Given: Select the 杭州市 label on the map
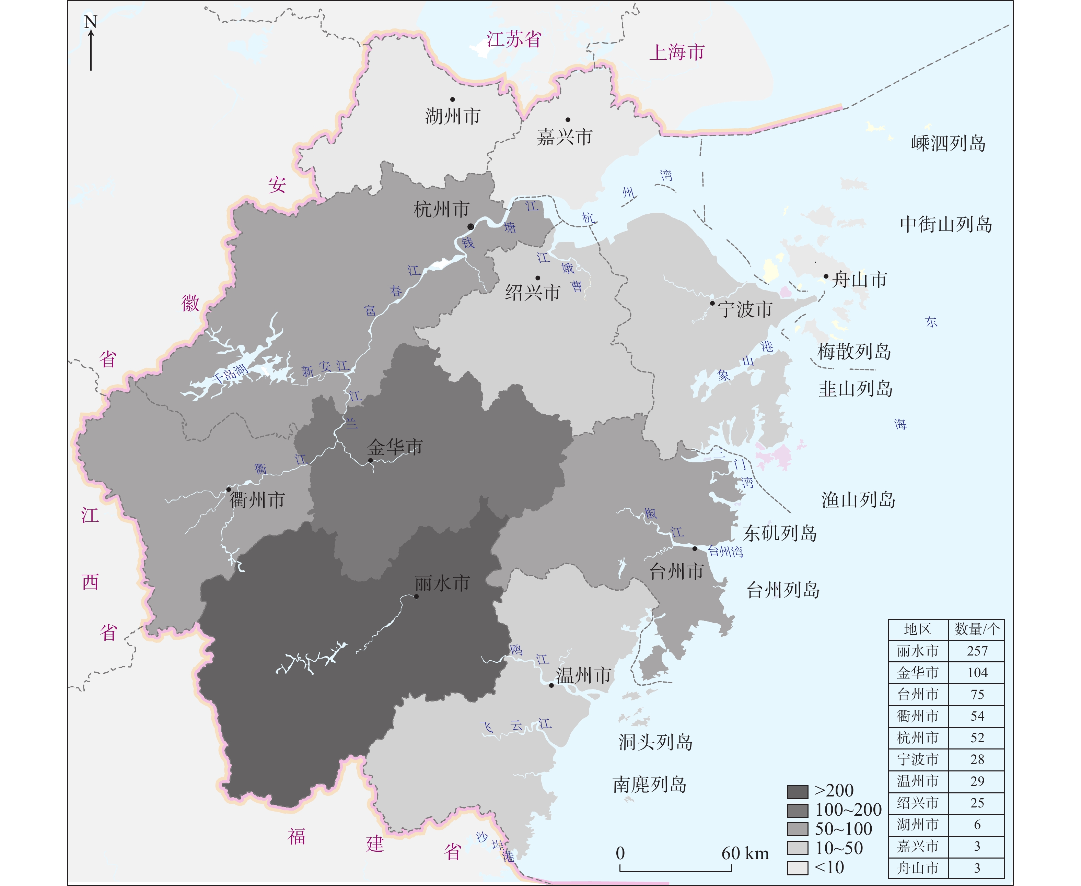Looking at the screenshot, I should (441, 209).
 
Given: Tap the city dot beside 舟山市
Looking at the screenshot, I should (826, 276).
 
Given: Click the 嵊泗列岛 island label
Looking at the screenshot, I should (948, 143).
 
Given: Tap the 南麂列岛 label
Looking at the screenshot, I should (650, 785).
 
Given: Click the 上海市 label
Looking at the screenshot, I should (677, 52).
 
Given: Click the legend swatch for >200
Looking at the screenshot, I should (797, 792).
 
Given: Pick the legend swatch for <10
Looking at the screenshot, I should (797, 867).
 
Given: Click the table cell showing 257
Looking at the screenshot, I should (977, 651).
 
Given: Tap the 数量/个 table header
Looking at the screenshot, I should (976, 629).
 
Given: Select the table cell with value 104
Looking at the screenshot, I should (977, 673).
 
